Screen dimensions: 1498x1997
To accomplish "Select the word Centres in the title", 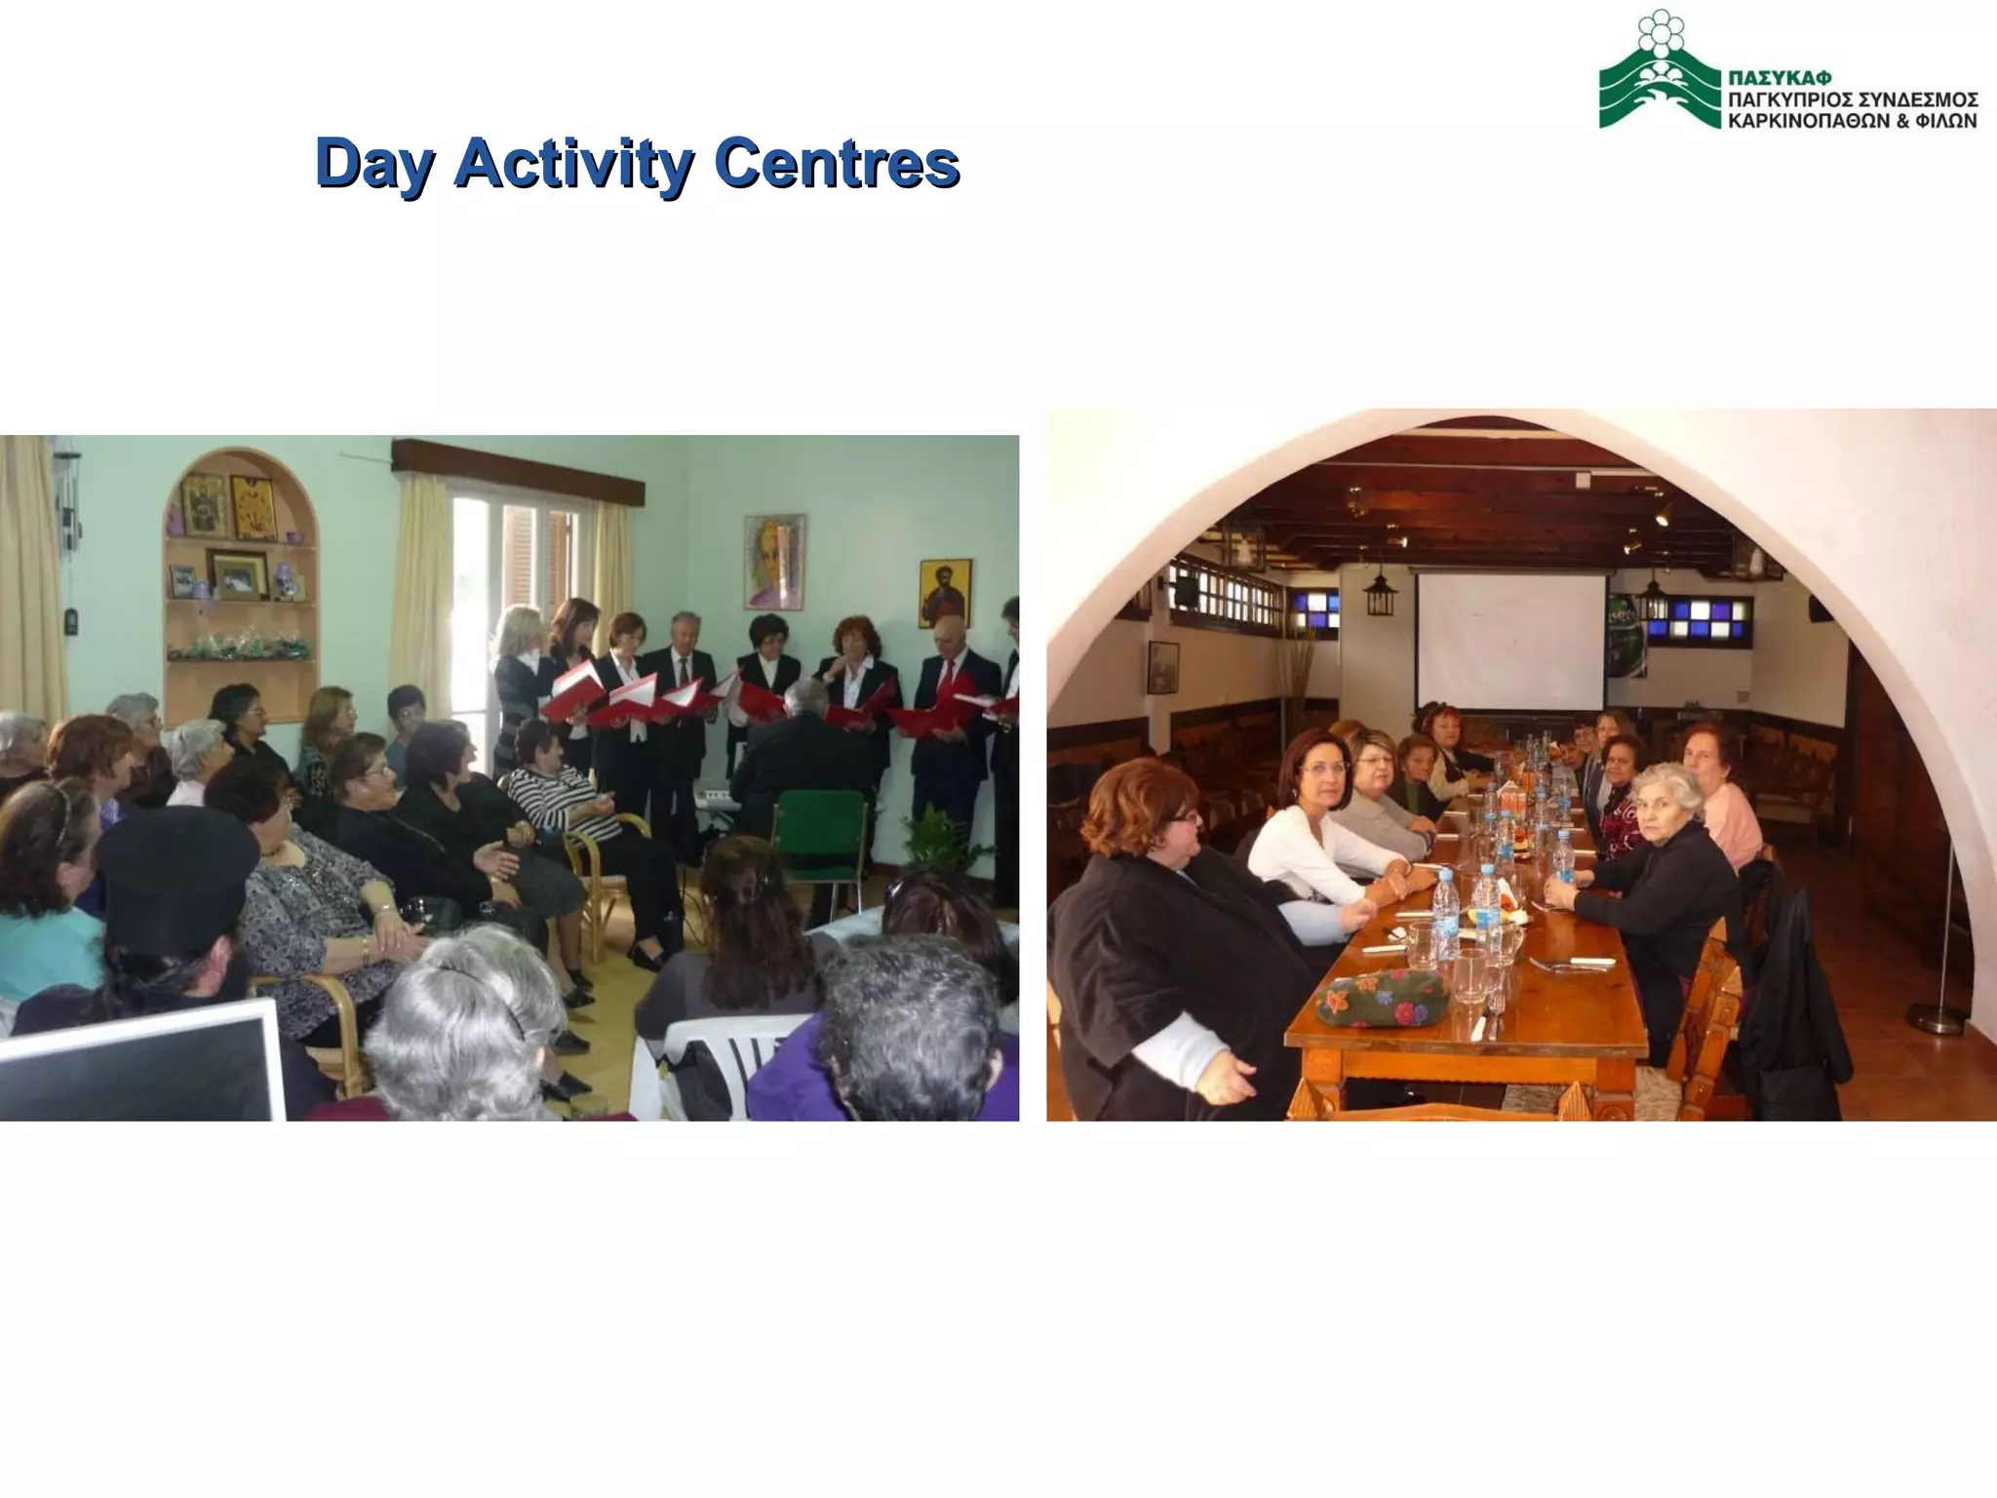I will click(836, 163).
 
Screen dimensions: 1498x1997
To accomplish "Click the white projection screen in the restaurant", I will click(1509, 642).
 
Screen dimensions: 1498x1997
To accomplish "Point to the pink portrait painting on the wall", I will click(774, 562).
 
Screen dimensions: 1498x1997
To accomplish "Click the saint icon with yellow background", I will click(944, 591).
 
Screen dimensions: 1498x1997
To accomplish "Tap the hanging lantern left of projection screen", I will click(1380, 592).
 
